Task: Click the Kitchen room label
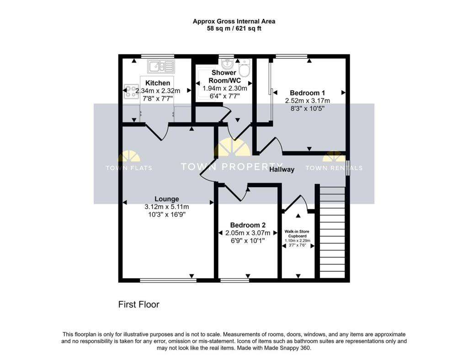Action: (158, 83)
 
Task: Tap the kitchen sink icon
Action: (160, 67)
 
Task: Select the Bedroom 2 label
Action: (248, 225)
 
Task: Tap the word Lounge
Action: (166, 199)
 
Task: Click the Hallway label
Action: (282, 169)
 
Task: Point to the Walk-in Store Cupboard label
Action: (298, 233)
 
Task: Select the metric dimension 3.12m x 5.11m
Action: (166, 206)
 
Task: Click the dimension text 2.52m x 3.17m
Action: (307, 101)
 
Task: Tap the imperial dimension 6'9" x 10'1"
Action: (248, 240)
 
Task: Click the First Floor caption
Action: (139, 304)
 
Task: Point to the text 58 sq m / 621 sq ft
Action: (234, 28)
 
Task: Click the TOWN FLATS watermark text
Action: (129, 168)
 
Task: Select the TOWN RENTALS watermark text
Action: (334, 168)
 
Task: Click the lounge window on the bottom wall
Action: (167, 280)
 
